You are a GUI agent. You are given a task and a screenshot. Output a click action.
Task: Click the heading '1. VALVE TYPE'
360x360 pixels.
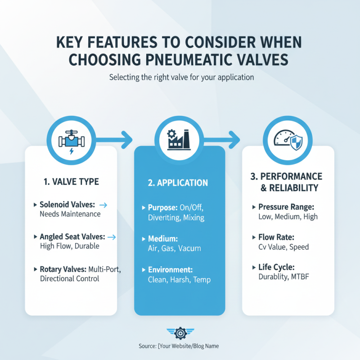(71, 182)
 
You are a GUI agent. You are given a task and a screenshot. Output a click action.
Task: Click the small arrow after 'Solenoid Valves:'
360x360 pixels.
(103, 205)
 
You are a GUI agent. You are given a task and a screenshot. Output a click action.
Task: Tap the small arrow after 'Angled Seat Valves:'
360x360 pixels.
(112, 237)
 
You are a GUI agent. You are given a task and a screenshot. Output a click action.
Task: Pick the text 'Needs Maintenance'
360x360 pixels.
(70, 214)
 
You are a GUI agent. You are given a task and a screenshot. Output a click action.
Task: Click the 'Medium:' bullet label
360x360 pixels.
(162, 239)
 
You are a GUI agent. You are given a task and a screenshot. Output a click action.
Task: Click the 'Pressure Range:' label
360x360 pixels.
(285, 207)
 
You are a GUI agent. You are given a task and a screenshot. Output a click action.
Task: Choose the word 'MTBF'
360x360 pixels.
(306, 277)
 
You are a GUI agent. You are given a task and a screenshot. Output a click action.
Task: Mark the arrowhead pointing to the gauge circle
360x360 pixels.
(234, 139)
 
